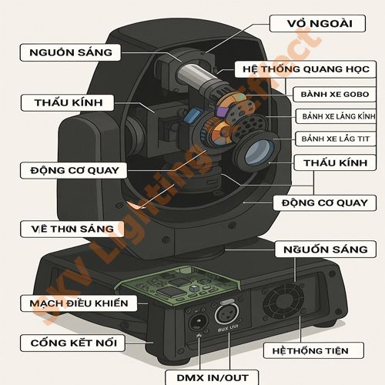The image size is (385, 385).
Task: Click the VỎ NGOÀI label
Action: (x=312, y=23)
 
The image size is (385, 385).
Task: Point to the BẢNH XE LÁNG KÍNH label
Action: (x=336, y=116)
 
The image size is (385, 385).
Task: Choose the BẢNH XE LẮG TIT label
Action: (x=336, y=139)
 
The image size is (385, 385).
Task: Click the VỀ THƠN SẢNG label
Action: (x=72, y=229)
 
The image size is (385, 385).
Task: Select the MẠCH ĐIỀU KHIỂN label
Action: (x=79, y=303)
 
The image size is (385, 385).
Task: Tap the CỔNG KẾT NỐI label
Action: (x=74, y=341)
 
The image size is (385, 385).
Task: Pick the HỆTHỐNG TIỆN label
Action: (x=306, y=350)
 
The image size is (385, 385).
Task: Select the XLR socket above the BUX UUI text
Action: (x=228, y=313)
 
